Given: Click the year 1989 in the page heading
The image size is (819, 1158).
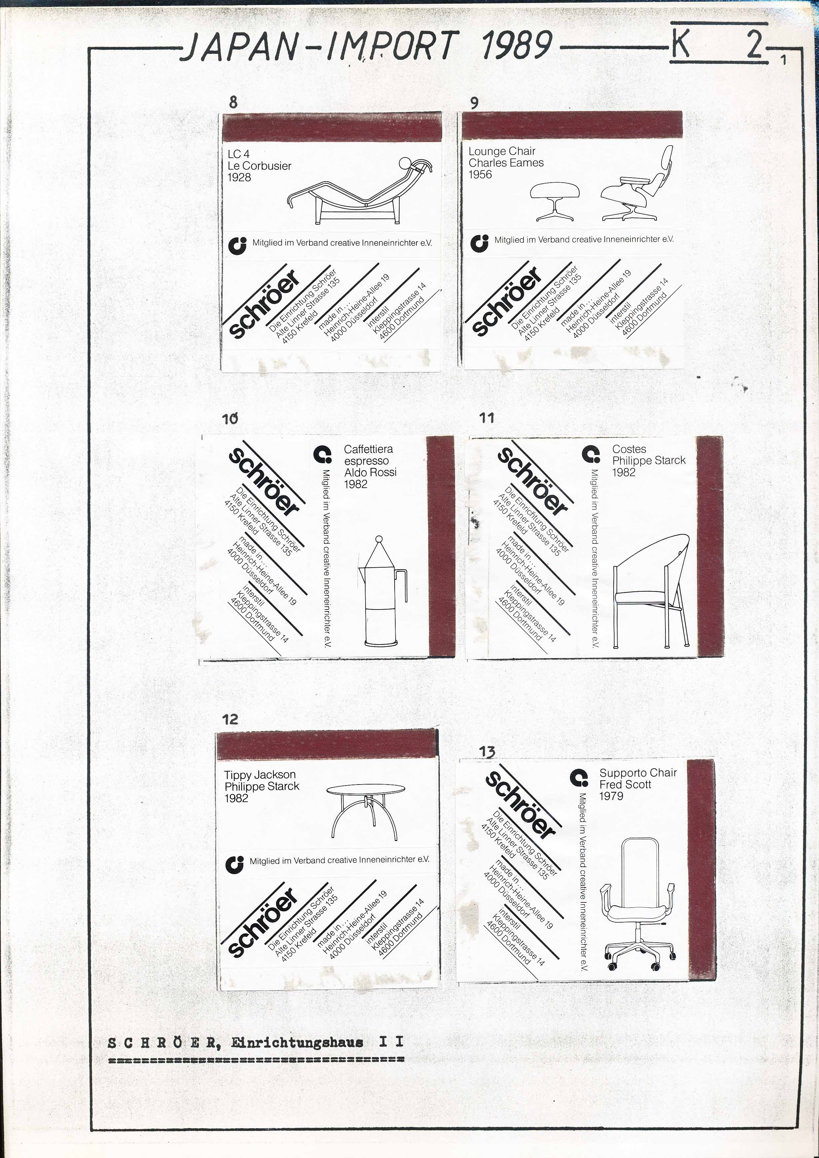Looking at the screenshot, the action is coord(516,45).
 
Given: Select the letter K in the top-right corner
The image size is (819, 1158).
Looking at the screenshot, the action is coord(680,44).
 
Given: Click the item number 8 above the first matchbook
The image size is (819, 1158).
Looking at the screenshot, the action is coord(233,102).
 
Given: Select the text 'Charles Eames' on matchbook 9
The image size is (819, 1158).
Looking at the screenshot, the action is coord(506,163).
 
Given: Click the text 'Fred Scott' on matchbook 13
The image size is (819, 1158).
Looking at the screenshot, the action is coord(625,784).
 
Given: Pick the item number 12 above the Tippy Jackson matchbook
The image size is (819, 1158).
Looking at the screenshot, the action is coord(230,719).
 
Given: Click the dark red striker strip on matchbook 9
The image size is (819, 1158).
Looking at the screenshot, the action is coord(572,125).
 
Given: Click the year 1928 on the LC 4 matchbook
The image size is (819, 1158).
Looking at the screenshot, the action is coord(239,178).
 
